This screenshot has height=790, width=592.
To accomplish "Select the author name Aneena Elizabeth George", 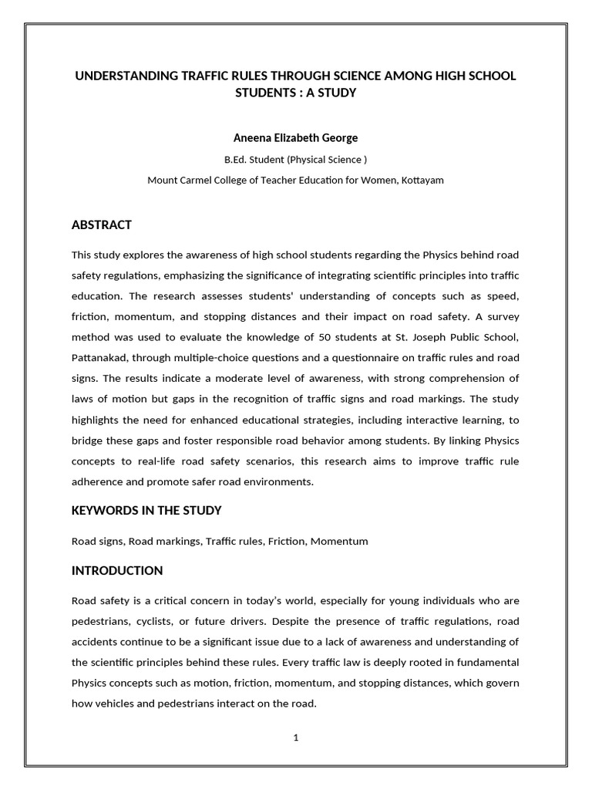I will [x=295, y=138].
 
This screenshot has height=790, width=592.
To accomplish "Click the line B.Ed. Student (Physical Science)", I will [x=295, y=160].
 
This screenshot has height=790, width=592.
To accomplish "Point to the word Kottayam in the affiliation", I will [x=420, y=180].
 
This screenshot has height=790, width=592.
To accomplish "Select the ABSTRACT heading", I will [x=101, y=225].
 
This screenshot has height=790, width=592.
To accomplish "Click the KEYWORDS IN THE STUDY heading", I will [x=146, y=510].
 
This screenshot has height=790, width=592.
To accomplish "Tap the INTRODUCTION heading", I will [x=117, y=571].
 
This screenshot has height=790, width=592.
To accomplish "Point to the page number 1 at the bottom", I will [x=295, y=738].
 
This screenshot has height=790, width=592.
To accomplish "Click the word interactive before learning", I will [x=424, y=420].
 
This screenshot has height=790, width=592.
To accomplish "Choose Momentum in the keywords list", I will [x=339, y=541].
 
